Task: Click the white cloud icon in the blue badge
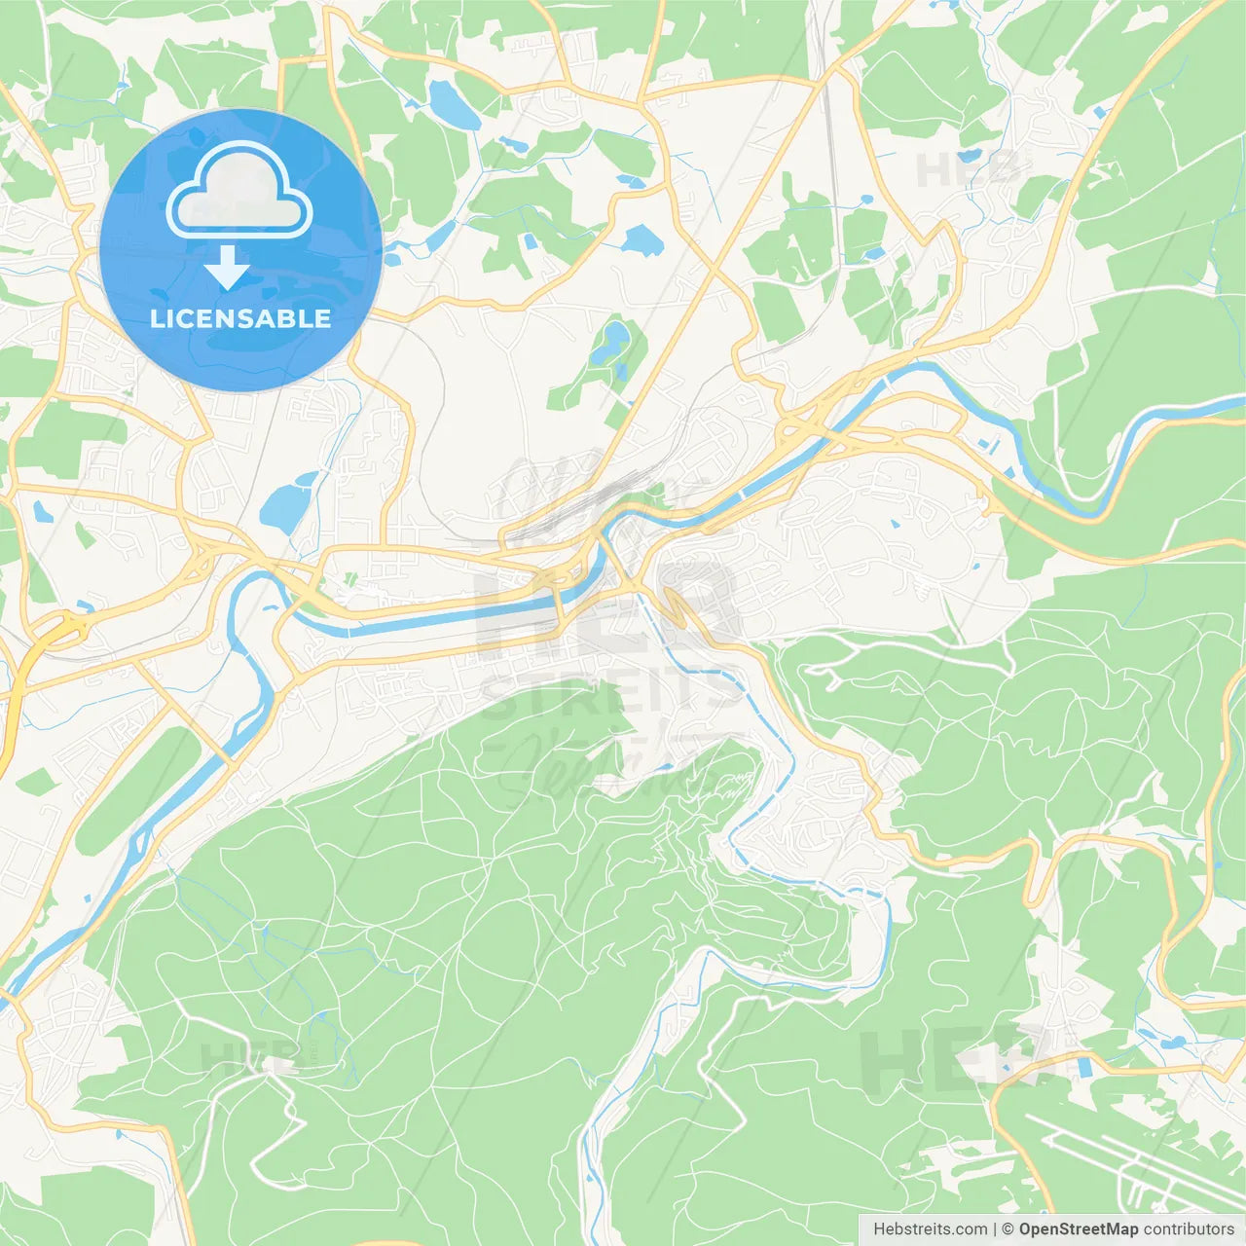click(239, 191)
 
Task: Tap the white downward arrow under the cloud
click(228, 268)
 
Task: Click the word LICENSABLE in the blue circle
click(239, 318)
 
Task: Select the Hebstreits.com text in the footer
click(930, 1229)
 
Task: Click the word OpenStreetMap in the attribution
click(1078, 1229)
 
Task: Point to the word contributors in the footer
click(1189, 1229)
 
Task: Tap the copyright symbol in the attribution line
click(1008, 1229)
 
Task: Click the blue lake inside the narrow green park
click(613, 341)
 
